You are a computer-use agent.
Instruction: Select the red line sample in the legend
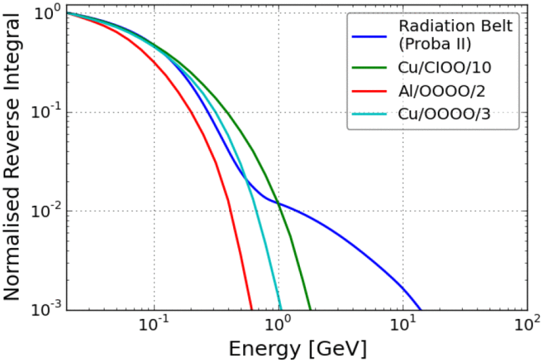369,90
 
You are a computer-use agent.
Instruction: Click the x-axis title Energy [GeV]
298,348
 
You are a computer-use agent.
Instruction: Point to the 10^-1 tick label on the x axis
154,326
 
